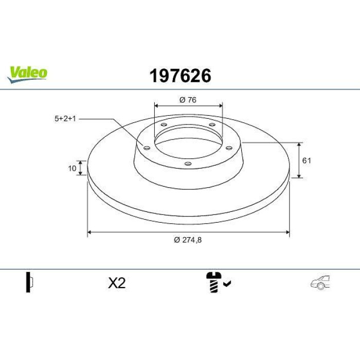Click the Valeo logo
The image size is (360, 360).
pos(27,74)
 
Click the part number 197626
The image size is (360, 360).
pos(180,76)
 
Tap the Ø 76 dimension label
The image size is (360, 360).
pos(188,100)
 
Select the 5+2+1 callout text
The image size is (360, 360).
pos(65,119)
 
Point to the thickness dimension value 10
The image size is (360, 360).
pos(72,168)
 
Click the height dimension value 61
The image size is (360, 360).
pos(307,160)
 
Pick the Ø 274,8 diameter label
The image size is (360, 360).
pos(188,240)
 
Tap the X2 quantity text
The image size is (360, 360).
pos(117,283)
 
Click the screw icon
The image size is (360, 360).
pos(213,282)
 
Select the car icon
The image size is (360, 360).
pos(320,282)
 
